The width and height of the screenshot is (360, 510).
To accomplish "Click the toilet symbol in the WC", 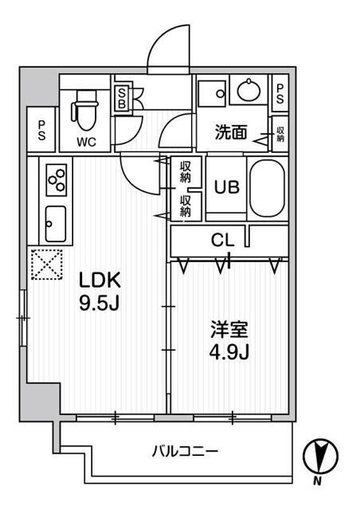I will pos(85,112).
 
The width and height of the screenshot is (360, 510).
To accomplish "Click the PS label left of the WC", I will pos(41,130).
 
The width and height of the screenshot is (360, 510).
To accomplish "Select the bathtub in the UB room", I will pos(266,188).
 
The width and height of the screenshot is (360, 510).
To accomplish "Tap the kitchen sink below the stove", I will pos(56,224).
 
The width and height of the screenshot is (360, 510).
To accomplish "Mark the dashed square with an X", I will pos(46,264).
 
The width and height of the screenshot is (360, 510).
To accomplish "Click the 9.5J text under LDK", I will pos(99,303).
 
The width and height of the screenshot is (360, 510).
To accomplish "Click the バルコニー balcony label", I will pos(186,452).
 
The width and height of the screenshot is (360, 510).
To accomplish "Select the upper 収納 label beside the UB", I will pos(185,171).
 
